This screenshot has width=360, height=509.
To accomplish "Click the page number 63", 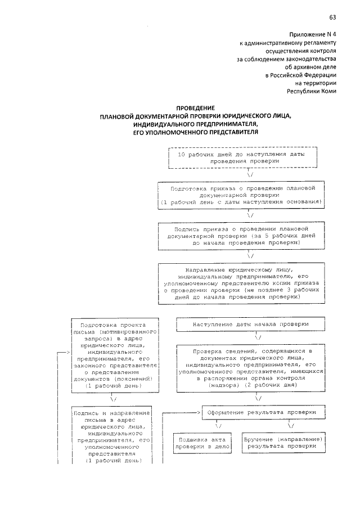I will [333, 17].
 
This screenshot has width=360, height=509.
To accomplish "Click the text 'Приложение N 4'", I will [313, 34].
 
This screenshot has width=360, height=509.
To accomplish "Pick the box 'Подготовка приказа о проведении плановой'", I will [241, 194].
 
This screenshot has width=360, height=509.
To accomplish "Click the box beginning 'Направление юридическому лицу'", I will [241, 283].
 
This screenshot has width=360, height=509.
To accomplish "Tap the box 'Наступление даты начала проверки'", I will [250, 325].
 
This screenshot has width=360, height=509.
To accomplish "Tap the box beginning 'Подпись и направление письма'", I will [114, 436].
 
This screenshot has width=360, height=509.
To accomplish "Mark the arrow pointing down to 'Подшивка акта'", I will [217, 426].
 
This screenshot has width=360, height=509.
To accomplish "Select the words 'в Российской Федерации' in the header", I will [301, 74].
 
